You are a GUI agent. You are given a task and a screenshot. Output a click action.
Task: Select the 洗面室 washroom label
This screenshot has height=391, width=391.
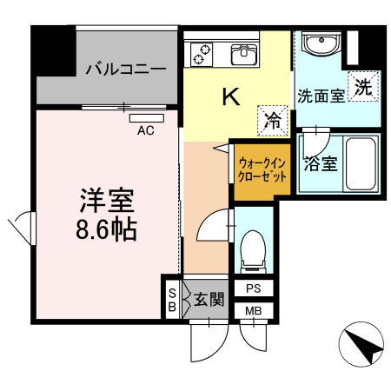pyautogui.click(x=321, y=95)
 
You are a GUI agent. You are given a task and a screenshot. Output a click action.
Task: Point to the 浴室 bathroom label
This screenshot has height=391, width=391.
pyautogui.click(x=321, y=162)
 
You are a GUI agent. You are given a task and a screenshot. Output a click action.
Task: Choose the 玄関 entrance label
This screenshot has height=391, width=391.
pyautogui.click(x=209, y=301)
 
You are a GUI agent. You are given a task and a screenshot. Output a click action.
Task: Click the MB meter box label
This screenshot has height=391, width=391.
pyautogui.click(x=253, y=311)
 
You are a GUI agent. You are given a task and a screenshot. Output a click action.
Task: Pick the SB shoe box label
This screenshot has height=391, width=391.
pyautogui.click(x=172, y=300)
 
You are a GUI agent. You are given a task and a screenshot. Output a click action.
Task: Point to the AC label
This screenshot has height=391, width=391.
pyautogui.click(x=146, y=130)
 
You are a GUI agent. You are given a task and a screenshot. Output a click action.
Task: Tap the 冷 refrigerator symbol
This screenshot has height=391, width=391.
pyautogui.click(x=272, y=120)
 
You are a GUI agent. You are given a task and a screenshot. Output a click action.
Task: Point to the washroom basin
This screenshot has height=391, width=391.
pyautogui.click(x=321, y=44)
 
